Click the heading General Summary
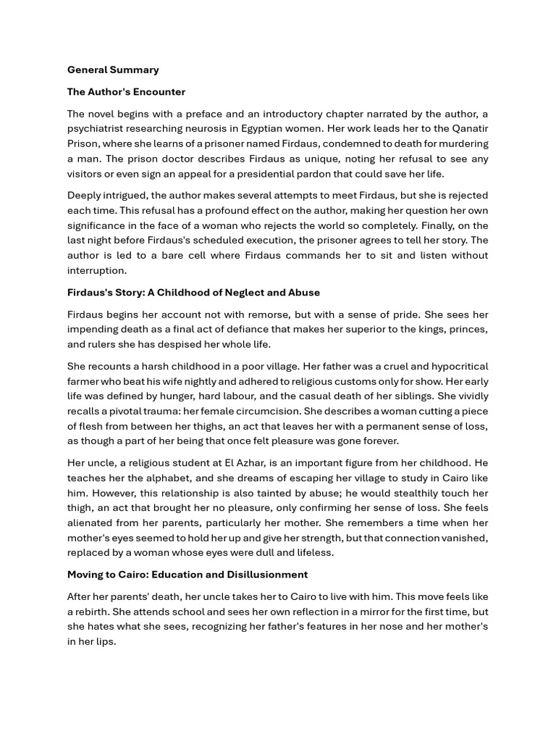click(x=113, y=70)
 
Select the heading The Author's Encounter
click(x=126, y=92)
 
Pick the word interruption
click(x=96, y=270)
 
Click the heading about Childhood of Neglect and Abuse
click(x=193, y=293)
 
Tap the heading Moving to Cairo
click(x=188, y=575)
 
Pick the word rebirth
click(x=91, y=612)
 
